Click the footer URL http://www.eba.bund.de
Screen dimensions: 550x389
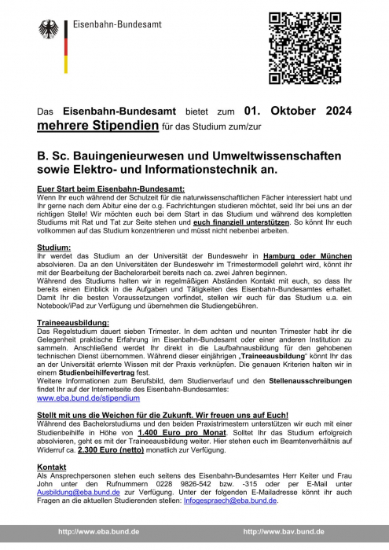pyautogui.click(x=96, y=531)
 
